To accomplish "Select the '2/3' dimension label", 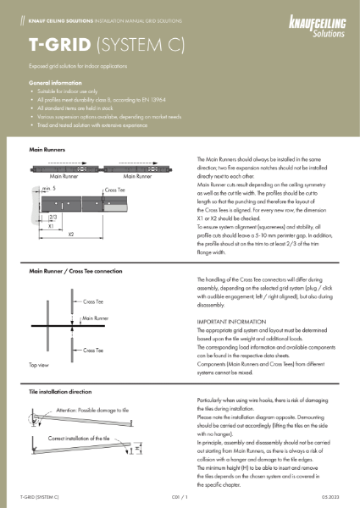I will click(42, 218).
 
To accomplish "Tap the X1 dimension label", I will click(39, 226).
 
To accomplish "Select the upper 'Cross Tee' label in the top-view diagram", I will click(94, 300).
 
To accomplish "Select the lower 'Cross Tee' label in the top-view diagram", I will click(94, 349).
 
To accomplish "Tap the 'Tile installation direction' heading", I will click(64, 394).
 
